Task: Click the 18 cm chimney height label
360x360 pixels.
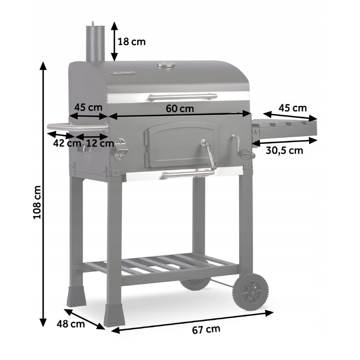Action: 132,42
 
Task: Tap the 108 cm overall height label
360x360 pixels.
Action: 37,202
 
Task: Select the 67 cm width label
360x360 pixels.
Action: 206,330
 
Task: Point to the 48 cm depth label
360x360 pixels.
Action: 71,324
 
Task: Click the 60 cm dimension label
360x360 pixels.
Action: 180,109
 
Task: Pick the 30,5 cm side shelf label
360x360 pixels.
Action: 284,151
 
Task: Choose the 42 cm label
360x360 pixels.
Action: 67,143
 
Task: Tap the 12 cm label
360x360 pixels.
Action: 100,143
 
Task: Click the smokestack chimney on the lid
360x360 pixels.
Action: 95,43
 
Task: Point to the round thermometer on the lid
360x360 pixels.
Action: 166,65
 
